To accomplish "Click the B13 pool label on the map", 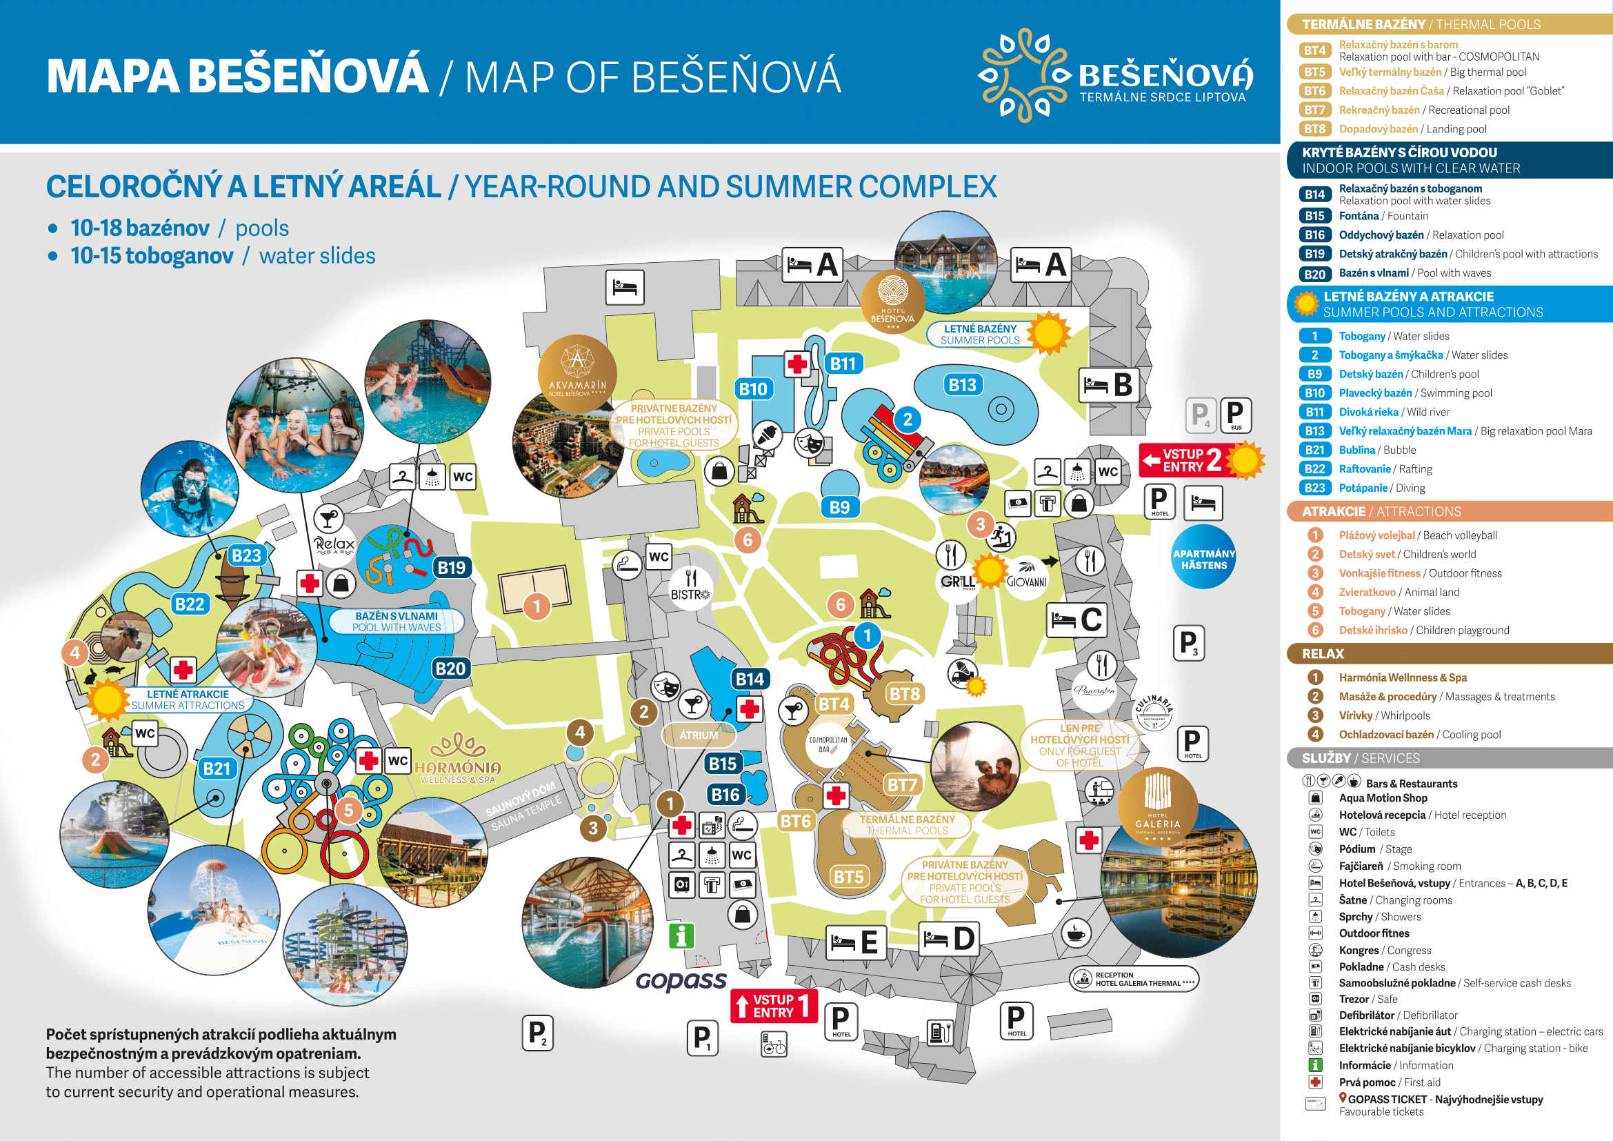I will point(962,384).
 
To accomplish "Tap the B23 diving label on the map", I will point(246,555).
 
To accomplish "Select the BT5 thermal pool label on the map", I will point(848,877).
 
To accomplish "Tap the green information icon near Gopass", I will point(681,935).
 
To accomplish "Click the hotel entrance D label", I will point(948,938).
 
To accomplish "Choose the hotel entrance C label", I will point(1076,619).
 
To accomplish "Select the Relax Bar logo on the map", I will point(334,546).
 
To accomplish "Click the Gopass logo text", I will point(681,980).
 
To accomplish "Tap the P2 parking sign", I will point(537,1033).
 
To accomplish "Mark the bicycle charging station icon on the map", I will point(774,1044).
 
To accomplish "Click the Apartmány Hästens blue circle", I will point(1203,559).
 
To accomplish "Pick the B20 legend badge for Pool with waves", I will point(1314,274).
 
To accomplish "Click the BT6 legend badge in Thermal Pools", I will point(1314,91).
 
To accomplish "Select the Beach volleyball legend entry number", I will point(1315,535).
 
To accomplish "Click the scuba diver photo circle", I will point(190,489).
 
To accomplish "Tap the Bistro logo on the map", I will point(690,587).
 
